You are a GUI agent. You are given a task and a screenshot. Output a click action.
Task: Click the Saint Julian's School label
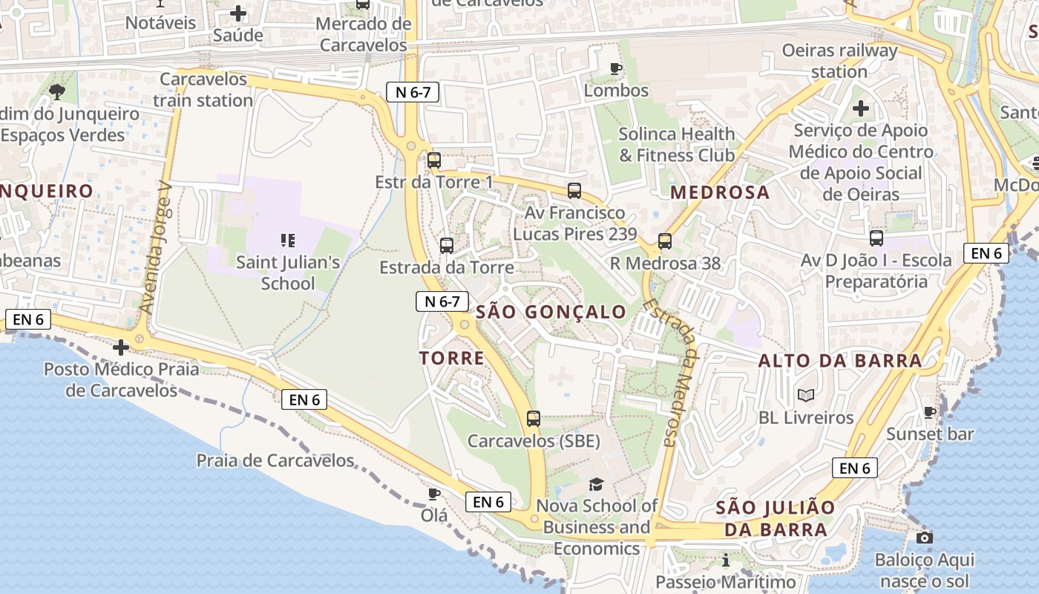click(x=288, y=272)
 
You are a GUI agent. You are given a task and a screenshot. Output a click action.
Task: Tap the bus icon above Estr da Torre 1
click(x=434, y=160)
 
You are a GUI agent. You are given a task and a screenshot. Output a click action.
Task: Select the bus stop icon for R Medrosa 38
click(x=664, y=241)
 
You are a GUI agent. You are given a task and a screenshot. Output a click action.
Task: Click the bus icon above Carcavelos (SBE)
click(x=534, y=418)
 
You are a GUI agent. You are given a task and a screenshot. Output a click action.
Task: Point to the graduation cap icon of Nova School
click(x=596, y=485)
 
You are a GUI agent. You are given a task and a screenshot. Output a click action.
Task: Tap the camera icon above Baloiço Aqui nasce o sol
click(x=924, y=538)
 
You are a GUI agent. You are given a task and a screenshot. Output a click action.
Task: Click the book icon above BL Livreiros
click(x=806, y=396)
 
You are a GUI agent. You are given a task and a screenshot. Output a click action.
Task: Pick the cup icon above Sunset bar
click(x=930, y=412)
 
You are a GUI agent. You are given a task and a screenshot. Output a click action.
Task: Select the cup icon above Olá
click(x=434, y=494)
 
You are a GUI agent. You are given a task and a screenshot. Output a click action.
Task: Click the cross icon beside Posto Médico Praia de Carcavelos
click(x=120, y=347)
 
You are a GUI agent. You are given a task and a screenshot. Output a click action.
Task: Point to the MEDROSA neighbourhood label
click(x=720, y=192)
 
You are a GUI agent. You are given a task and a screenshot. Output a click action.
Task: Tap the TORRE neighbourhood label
click(x=452, y=359)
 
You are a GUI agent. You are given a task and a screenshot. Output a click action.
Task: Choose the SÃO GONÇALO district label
click(x=551, y=312)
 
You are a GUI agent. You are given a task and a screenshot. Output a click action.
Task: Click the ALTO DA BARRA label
click(x=840, y=361)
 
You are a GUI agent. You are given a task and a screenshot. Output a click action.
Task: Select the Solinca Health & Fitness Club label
click(x=677, y=145)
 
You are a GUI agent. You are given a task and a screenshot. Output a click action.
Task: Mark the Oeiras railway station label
click(x=839, y=62)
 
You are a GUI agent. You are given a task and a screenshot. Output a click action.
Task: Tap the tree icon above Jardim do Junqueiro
click(x=57, y=92)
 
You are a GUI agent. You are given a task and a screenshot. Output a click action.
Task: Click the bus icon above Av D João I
click(x=876, y=238)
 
